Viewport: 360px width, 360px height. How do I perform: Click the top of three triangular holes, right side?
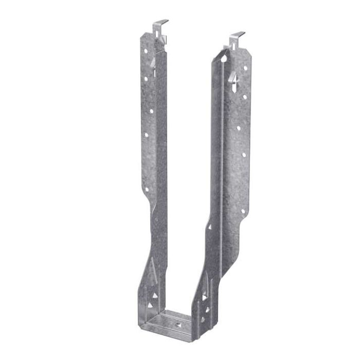point(205,297)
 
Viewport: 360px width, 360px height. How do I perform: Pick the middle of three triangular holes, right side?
point(207,310)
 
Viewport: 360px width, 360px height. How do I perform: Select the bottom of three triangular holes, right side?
point(203,319)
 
